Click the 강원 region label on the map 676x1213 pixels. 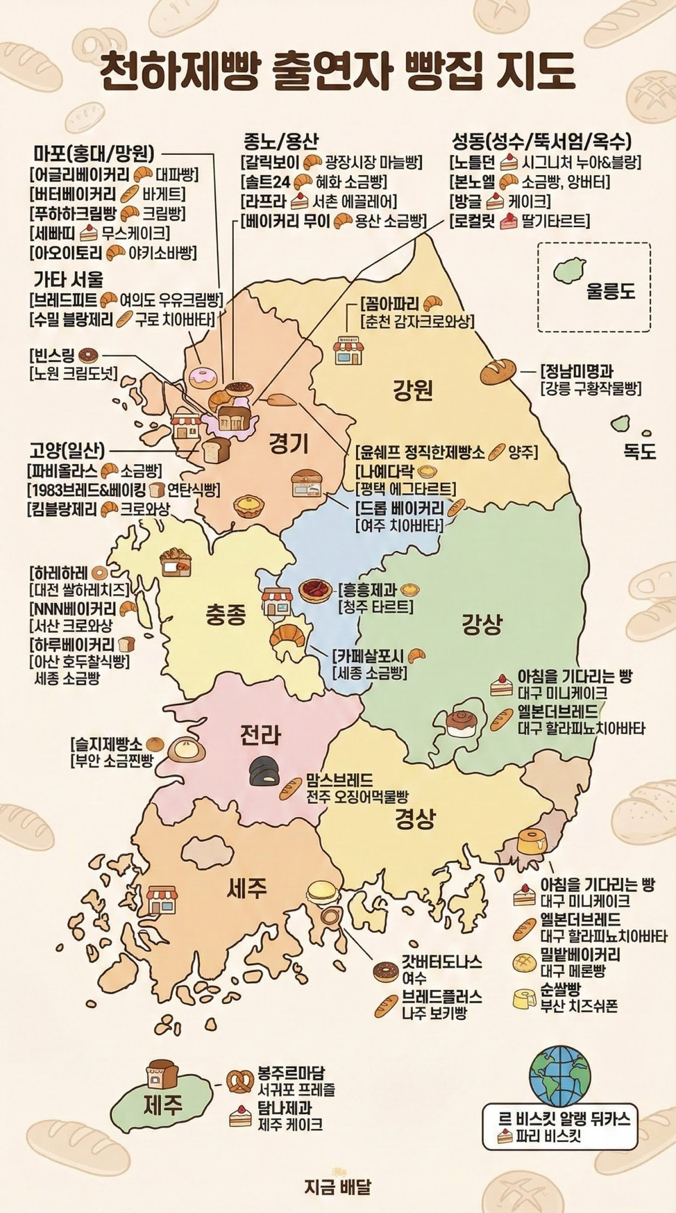pos(413,390)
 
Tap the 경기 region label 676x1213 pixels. pos(288,443)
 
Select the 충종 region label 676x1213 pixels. pos(226,615)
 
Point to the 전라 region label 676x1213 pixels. pos(260,734)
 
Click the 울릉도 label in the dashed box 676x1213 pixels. pos(611,290)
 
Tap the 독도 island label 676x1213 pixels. pos(639,451)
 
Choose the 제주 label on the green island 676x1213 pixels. pos(162,1105)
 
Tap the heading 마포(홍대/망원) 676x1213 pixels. pos(94,153)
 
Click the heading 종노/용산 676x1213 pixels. pos(280,141)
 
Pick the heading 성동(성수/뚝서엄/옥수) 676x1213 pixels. pos(541,142)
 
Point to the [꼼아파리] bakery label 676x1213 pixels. pos(391,304)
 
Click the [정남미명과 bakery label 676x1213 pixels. pos(577,370)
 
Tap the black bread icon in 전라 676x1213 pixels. pos(262,770)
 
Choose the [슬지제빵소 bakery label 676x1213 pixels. pos(107,744)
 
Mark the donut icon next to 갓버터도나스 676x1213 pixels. pos(385,971)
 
